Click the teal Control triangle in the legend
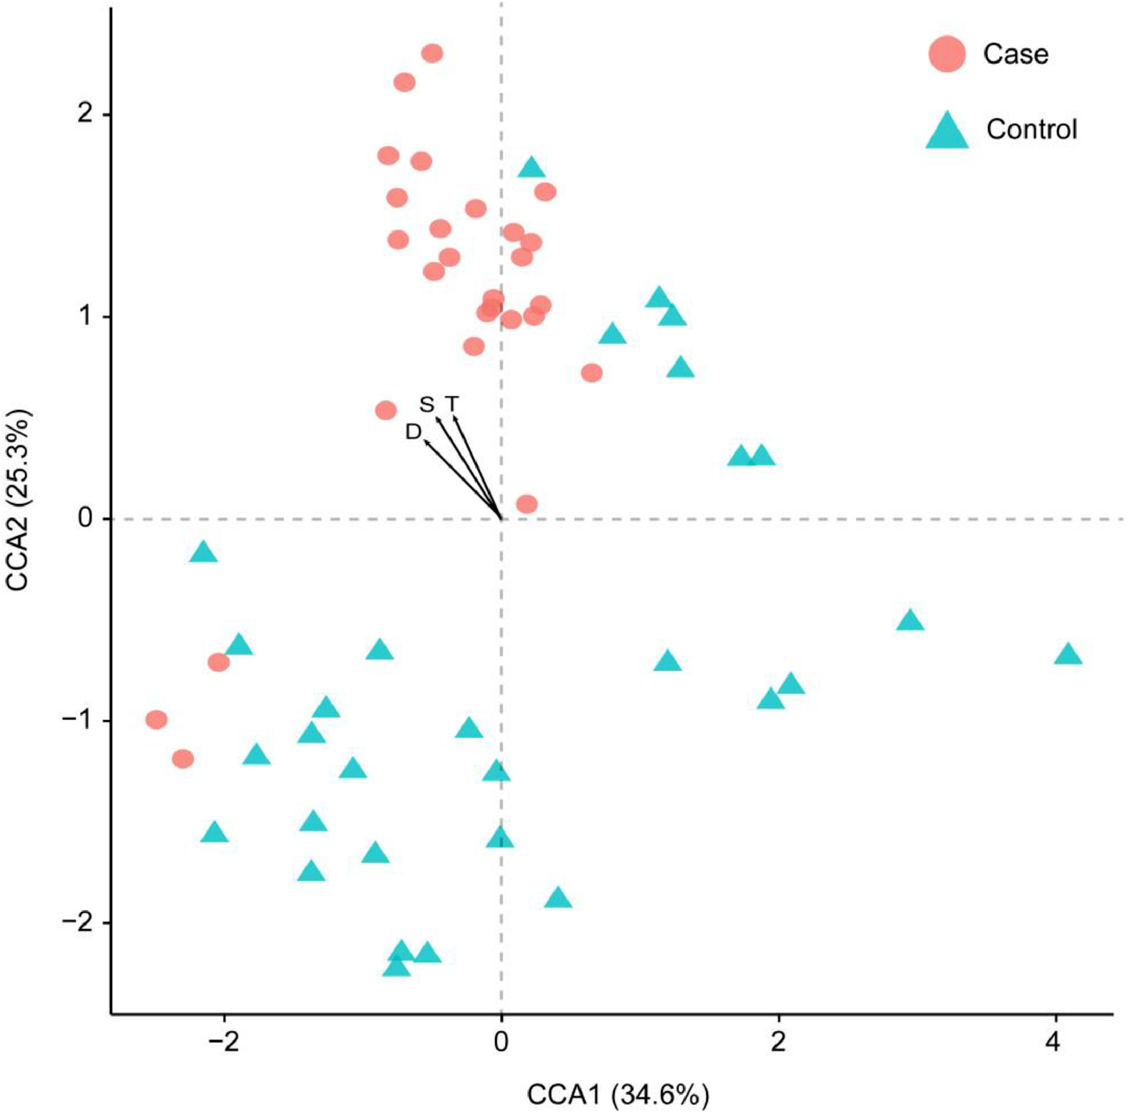[947, 132]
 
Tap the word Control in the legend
[1032, 129]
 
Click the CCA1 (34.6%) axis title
[618, 1095]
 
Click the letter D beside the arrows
[413, 432]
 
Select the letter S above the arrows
[427, 404]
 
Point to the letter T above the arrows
[451, 403]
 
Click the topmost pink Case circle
[432, 54]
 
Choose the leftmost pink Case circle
[156, 720]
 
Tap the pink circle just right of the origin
[527, 504]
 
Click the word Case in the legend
[1015, 54]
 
